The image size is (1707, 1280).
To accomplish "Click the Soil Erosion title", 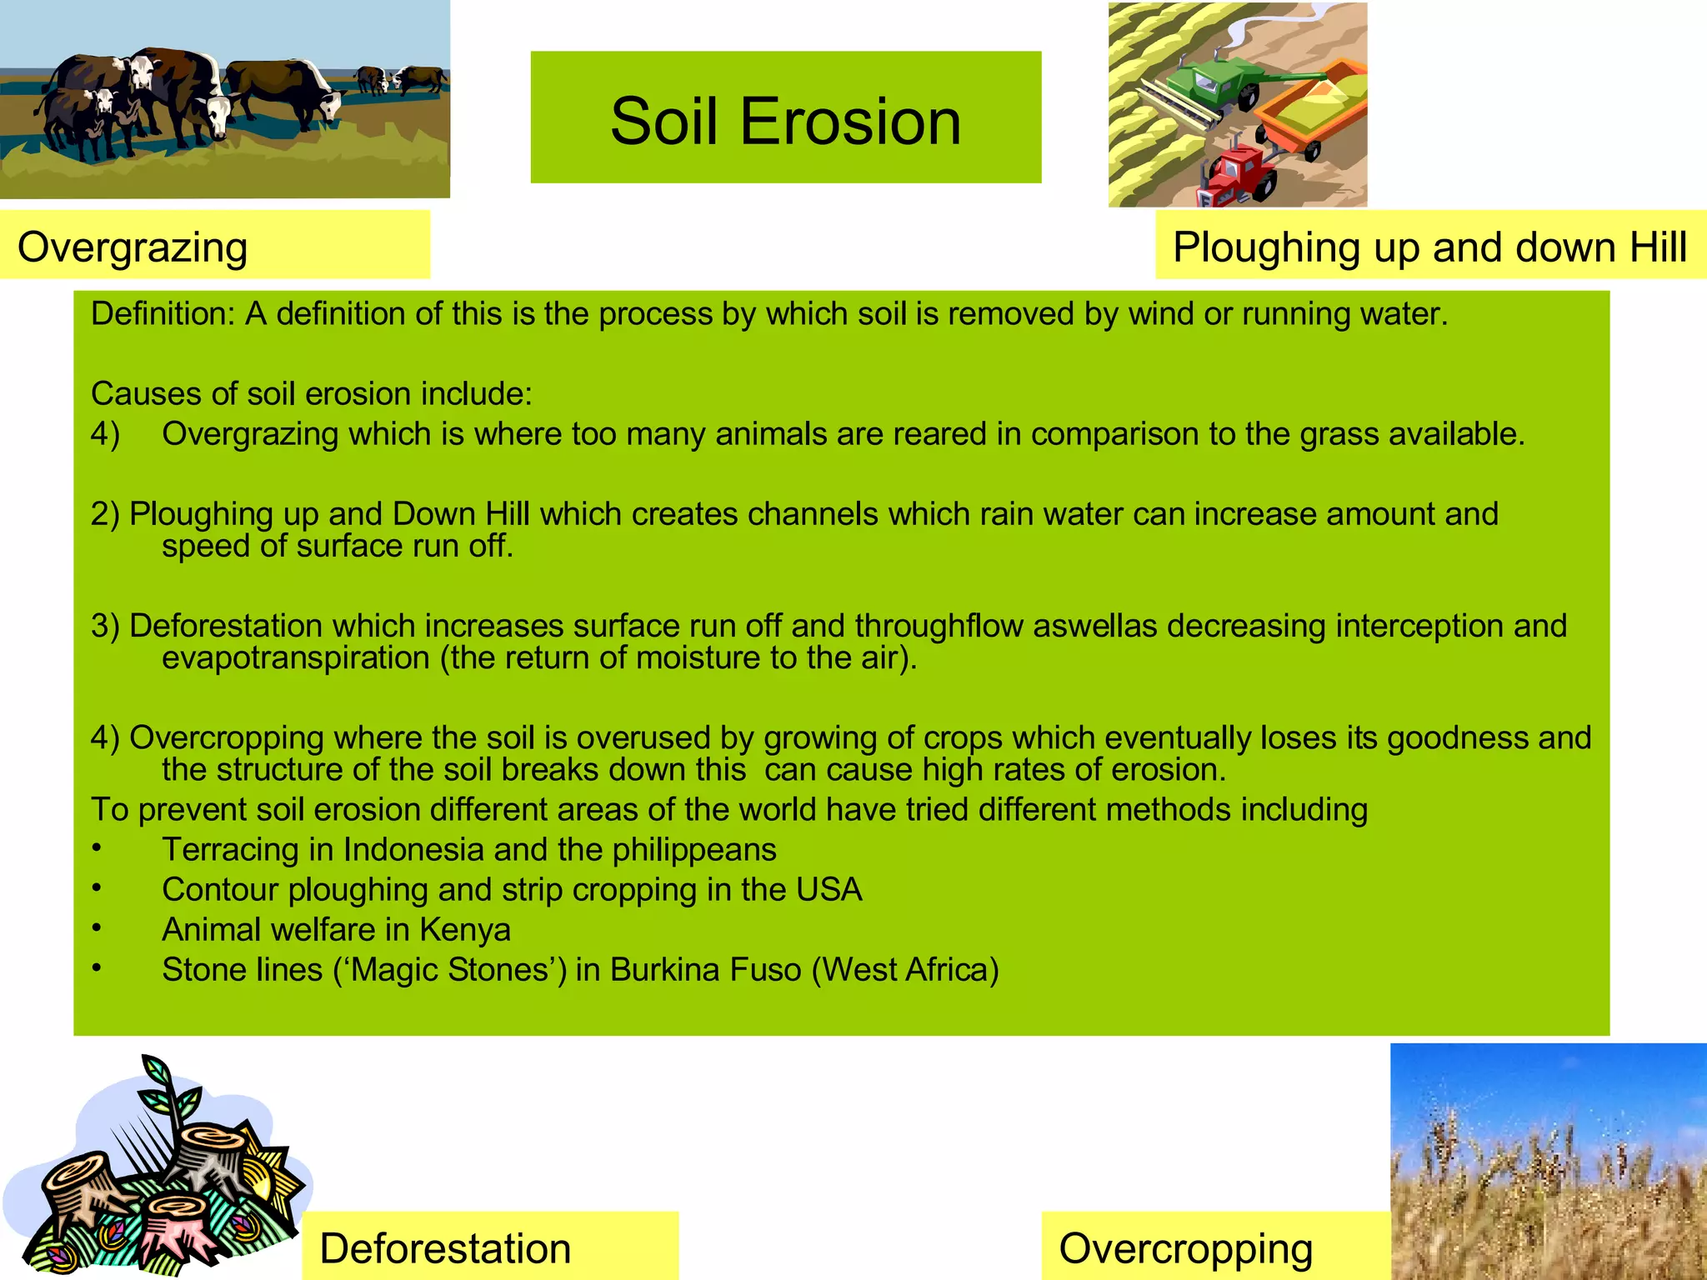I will coord(785,121).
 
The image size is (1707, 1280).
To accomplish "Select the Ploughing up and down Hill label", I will coord(1429,247).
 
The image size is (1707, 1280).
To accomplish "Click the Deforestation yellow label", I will coord(445,1248).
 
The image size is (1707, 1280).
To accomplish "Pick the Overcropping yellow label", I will coord(1185,1248).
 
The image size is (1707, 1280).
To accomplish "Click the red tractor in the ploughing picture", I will coord(1239,175).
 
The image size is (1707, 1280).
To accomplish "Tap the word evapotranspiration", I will coord(296,658).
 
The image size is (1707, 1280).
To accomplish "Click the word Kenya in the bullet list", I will coord(464,930).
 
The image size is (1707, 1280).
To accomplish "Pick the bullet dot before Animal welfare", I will coord(98,927).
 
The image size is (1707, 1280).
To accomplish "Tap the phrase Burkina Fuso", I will coord(705,970).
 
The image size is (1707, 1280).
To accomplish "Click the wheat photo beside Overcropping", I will coord(1549,1167).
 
